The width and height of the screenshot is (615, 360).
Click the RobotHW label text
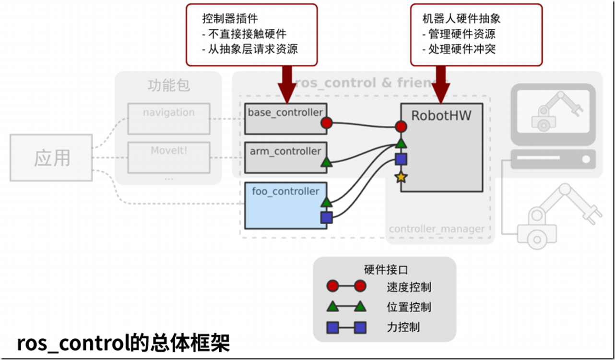[441, 116]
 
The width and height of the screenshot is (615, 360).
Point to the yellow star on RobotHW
[401, 177]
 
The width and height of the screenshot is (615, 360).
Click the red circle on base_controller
[326, 123]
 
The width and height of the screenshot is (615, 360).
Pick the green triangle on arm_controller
[326, 162]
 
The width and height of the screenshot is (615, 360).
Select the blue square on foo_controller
[326, 218]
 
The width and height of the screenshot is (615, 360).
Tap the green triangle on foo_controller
[326, 202]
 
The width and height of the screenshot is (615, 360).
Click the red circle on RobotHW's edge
[401, 127]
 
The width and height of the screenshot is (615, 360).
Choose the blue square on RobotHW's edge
[401, 159]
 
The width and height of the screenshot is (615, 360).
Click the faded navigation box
[168, 118]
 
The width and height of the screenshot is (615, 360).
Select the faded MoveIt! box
[168, 157]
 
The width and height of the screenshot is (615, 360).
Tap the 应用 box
[51, 158]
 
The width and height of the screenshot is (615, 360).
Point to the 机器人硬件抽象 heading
[461, 19]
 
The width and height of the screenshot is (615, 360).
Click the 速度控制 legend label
[409, 287]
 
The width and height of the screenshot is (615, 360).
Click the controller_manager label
[437, 229]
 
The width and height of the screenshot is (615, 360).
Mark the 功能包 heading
[168, 85]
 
